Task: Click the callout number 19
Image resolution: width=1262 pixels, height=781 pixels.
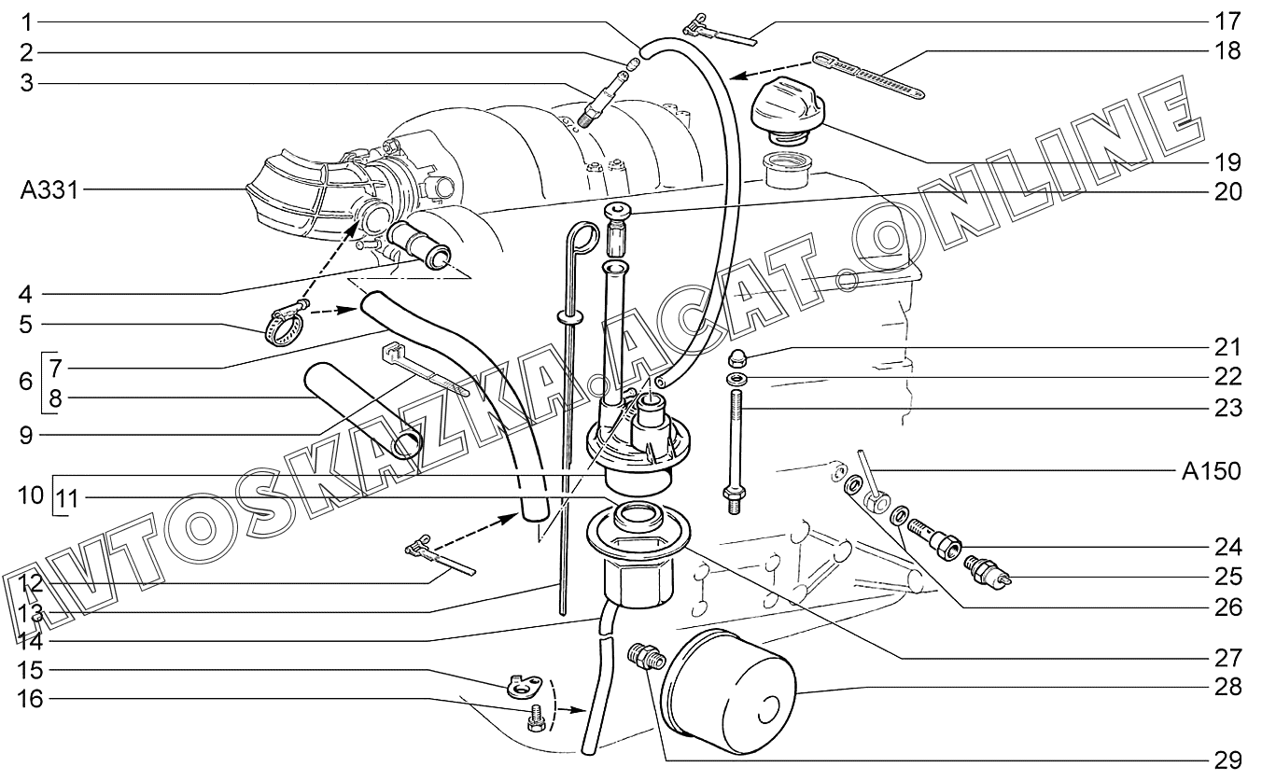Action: (x=1227, y=161)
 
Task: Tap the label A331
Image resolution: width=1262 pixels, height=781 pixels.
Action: (x=50, y=191)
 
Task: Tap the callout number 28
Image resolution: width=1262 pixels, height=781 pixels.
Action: (x=1227, y=687)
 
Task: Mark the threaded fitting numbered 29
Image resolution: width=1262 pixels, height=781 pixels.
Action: (x=647, y=657)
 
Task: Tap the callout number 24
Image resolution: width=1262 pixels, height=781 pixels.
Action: (x=1227, y=545)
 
